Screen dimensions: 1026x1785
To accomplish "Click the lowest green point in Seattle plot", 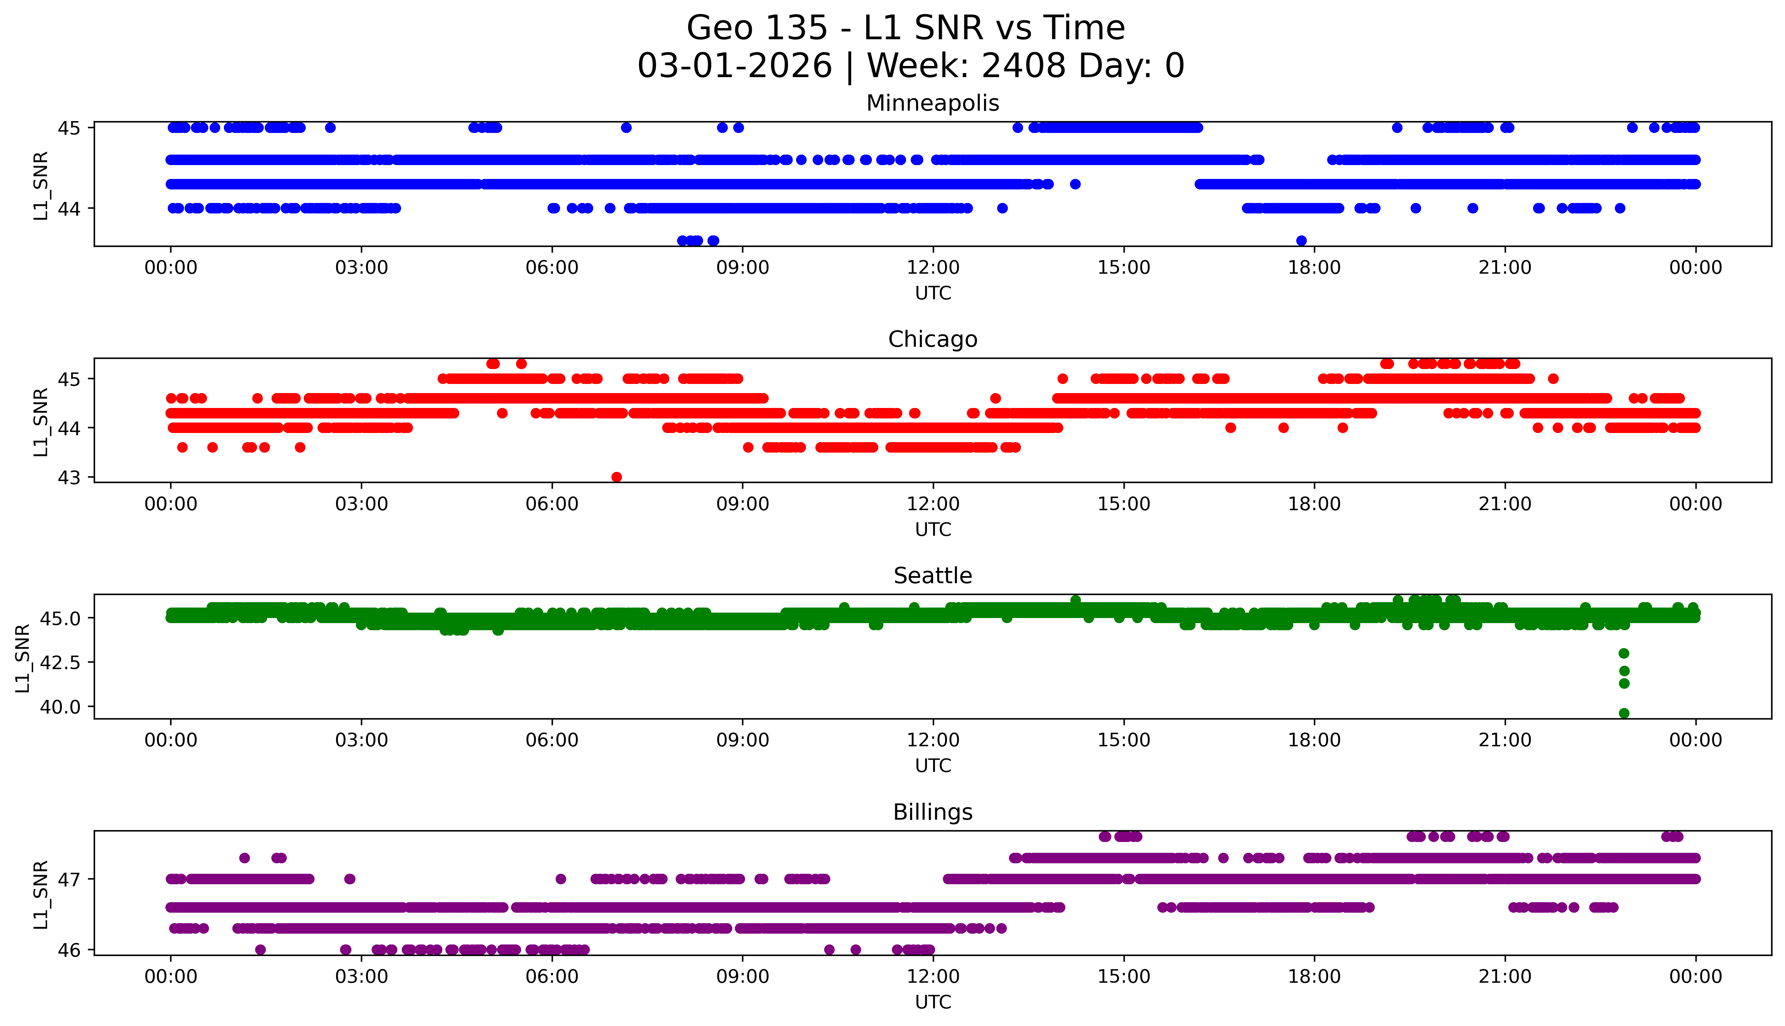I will [1624, 713].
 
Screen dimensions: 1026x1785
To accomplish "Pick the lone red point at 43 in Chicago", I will [617, 477].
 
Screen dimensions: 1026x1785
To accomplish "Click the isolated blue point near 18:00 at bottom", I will [1301, 240].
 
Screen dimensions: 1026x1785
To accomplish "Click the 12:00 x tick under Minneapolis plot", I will [933, 268].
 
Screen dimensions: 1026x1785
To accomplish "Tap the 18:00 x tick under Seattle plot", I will [1314, 740].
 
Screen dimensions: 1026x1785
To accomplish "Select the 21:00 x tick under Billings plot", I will [1505, 977].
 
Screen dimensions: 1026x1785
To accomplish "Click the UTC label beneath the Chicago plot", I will [933, 529].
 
